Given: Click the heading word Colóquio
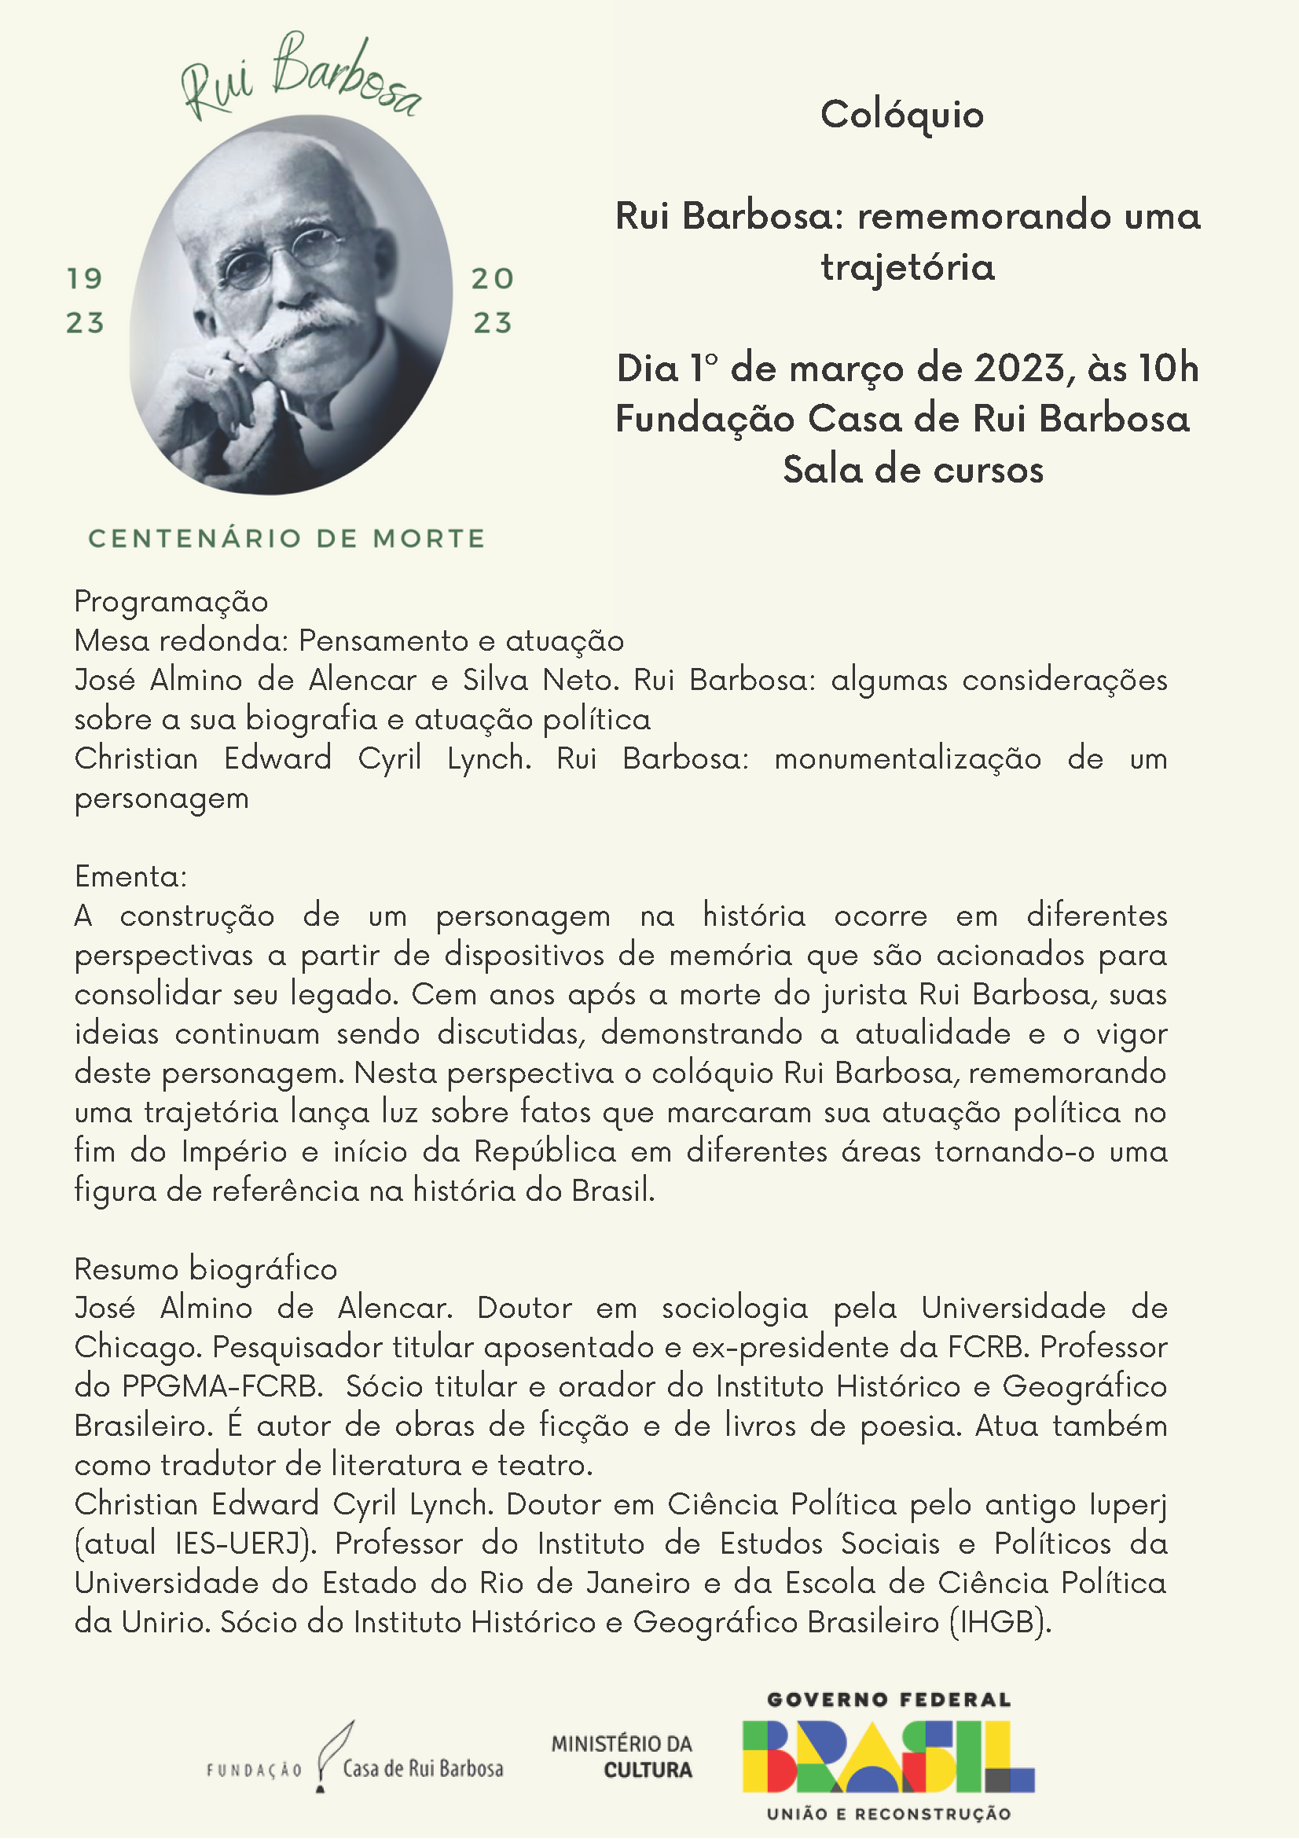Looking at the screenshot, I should [x=902, y=115].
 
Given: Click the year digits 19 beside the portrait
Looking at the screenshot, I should [x=85, y=279].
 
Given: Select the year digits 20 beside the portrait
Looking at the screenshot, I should [x=493, y=279].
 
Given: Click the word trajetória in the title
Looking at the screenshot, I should [x=908, y=266].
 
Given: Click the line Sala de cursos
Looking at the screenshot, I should [x=913, y=469].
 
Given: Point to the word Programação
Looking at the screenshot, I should [x=171, y=601].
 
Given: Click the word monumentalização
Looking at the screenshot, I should [x=907, y=758].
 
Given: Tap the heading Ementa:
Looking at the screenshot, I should [x=130, y=876].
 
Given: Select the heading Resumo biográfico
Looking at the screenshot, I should [x=205, y=1268].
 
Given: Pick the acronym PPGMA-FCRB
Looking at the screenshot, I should [x=221, y=1386].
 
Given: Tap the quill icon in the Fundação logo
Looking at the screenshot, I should [x=332, y=1753].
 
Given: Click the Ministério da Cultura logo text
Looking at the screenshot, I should [x=622, y=1756].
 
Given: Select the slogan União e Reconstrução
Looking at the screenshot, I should [x=888, y=1814].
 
